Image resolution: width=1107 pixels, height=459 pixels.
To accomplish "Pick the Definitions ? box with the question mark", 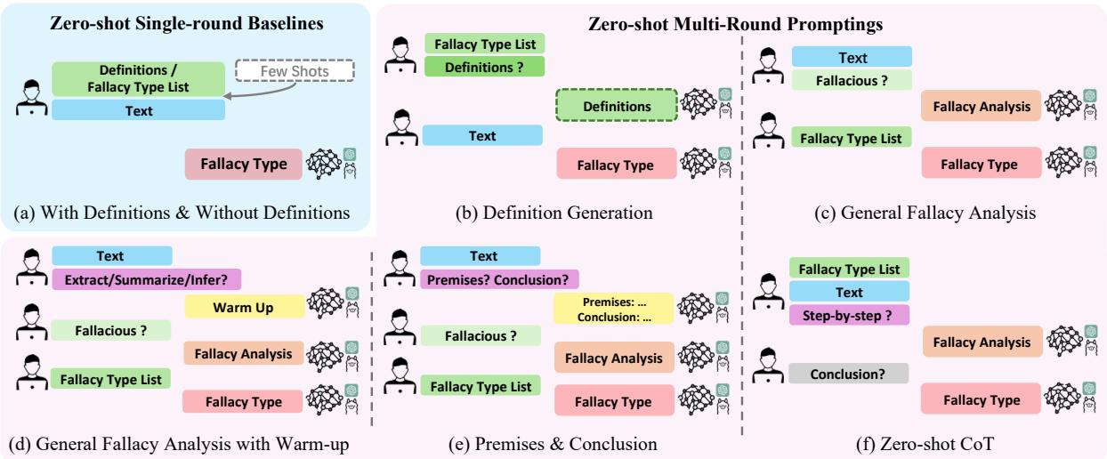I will pos(483,67).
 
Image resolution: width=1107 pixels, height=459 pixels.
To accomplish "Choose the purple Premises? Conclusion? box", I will pos(498,279).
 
